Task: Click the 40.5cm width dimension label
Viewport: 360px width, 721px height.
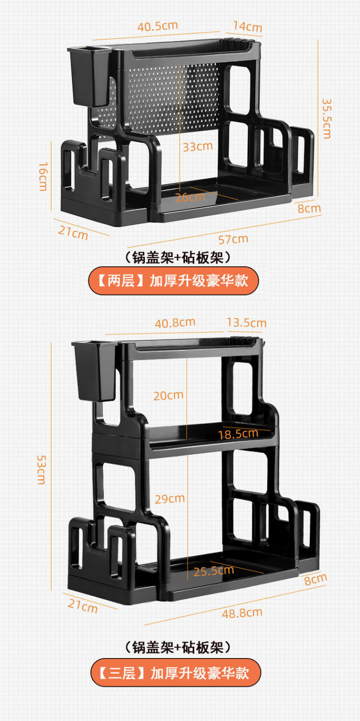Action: tap(158, 26)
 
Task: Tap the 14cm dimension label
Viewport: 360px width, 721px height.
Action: tap(248, 26)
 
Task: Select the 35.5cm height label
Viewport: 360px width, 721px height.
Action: tap(327, 119)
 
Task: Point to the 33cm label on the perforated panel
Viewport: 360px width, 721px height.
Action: tap(197, 146)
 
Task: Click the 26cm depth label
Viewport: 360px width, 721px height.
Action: tap(190, 197)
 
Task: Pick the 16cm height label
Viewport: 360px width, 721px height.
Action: tap(43, 176)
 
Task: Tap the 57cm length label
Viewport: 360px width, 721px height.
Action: tap(233, 238)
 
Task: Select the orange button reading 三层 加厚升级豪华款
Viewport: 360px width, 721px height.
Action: tap(175, 672)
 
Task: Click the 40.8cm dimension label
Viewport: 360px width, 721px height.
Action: tap(175, 323)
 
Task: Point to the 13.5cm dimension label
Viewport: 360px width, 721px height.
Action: tap(246, 323)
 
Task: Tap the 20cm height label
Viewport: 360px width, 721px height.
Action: tap(168, 395)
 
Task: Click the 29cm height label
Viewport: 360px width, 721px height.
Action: tap(169, 498)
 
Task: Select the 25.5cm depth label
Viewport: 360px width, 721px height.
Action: tap(214, 571)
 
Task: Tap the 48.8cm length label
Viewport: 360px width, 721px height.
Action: tap(242, 613)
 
